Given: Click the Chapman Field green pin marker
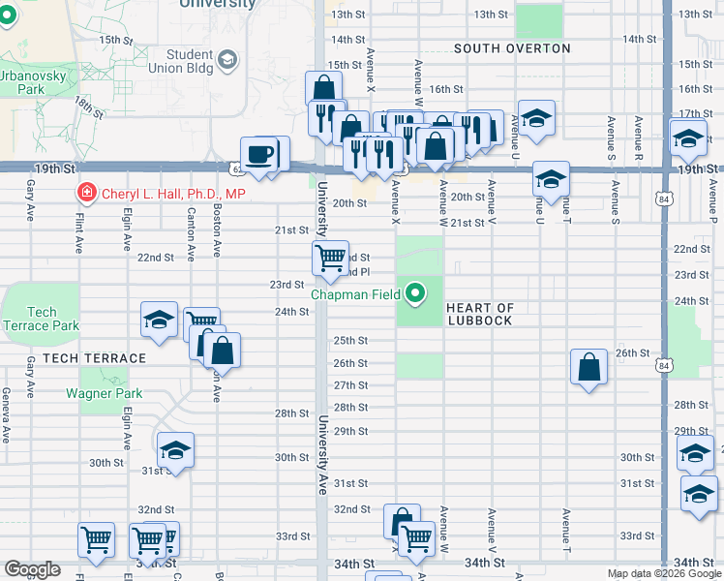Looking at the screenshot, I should tap(416, 291).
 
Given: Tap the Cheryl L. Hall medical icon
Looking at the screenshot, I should tap(87, 194).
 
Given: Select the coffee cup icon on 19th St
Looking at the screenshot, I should tap(258, 156).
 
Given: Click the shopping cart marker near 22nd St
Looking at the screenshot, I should tap(330, 258).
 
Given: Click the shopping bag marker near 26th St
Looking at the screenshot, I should tap(588, 367).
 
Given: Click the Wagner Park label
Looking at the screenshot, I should tap(104, 393).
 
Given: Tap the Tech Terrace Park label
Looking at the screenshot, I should tap(41, 319).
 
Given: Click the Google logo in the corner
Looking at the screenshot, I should tap(32, 569).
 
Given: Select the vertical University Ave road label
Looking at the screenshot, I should tap(322, 442).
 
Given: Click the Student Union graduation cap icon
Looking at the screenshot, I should tap(227, 61).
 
